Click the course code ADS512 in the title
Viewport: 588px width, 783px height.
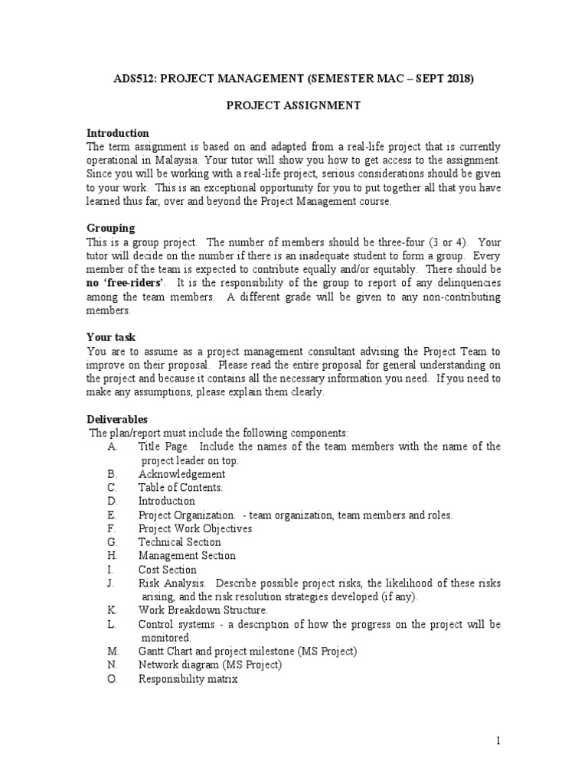(x=135, y=79)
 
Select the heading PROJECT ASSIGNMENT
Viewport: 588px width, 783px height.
(x=292, y=106)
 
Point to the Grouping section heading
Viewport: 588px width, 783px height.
(x=110, y=229)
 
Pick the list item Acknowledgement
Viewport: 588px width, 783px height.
(x=181, y=474)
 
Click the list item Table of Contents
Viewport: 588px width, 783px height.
(x=181, y=488)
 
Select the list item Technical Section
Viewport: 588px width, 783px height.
(x=179, y=542)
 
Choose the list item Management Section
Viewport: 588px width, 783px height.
(x=187, y=556)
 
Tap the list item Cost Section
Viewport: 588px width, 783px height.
(x=167, y=570)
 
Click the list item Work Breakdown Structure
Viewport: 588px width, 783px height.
(x=203, y=611)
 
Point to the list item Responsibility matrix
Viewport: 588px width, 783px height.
(x=188, y=679)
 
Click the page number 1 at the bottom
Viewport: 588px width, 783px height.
(x=498, y=741)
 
